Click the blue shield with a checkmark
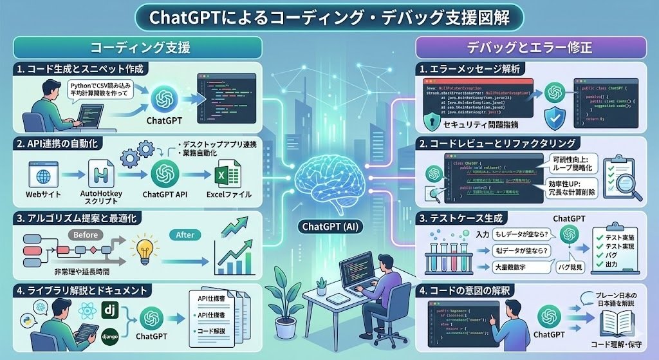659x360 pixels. click(x=554, y=119)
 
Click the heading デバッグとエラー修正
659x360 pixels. click(x=530, y=48)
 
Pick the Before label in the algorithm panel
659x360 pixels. click(x=85, y=234)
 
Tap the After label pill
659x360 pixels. click(x=185, y=235)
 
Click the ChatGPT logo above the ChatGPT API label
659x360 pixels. click(x=165, y=173)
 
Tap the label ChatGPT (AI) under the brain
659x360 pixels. click(x=329, y=226)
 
